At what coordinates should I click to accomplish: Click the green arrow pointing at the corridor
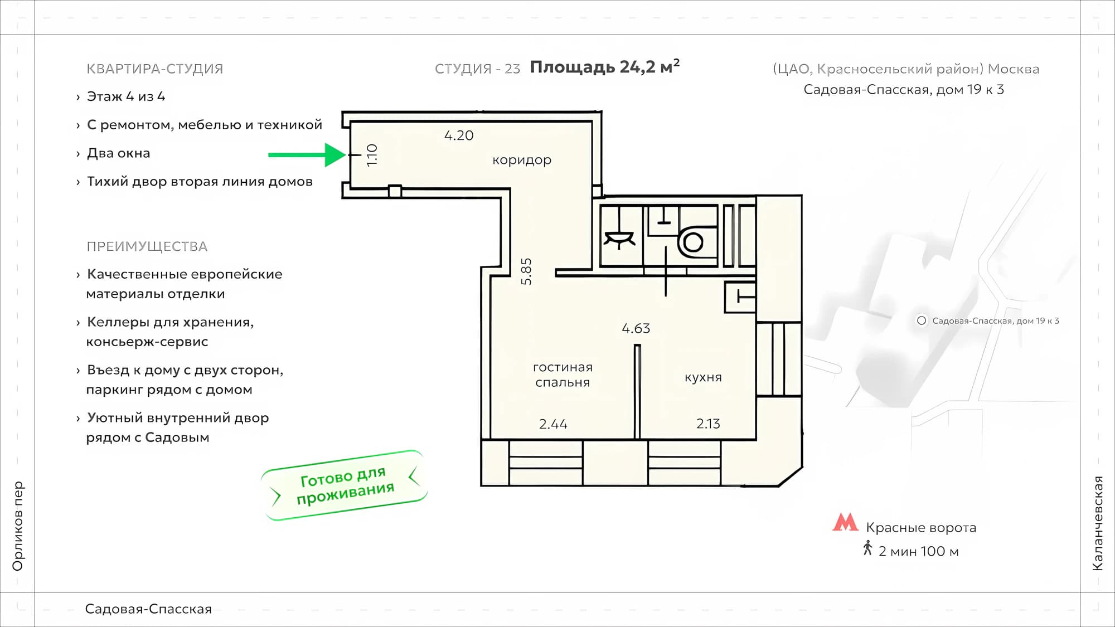pos(307,155)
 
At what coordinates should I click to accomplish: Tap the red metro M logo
pos(845,522)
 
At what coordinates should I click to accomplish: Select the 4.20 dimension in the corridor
pos(459,135)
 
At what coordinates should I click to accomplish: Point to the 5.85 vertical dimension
pos(526,271)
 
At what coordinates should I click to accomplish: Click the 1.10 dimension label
pos(372,155)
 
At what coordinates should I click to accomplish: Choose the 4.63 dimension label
pos(636,328)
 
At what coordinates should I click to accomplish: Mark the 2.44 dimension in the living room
pos(553,424)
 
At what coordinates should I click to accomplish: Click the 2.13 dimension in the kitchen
pos(708,424)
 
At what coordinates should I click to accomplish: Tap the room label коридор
pos(522,160)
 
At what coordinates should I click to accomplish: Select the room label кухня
pos(703,377)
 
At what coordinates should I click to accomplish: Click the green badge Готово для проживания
pos(345,485)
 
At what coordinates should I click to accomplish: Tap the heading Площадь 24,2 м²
pos(604,67)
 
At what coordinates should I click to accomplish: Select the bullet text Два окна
pos(119,153)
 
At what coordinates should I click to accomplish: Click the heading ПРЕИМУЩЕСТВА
pos(147,246)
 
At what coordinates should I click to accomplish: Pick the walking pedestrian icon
pos(867,548)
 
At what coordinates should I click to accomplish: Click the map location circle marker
pos(922,320)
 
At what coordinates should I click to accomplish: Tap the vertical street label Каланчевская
pos(1097,523)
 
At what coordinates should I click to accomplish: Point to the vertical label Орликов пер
pos(18,526)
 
